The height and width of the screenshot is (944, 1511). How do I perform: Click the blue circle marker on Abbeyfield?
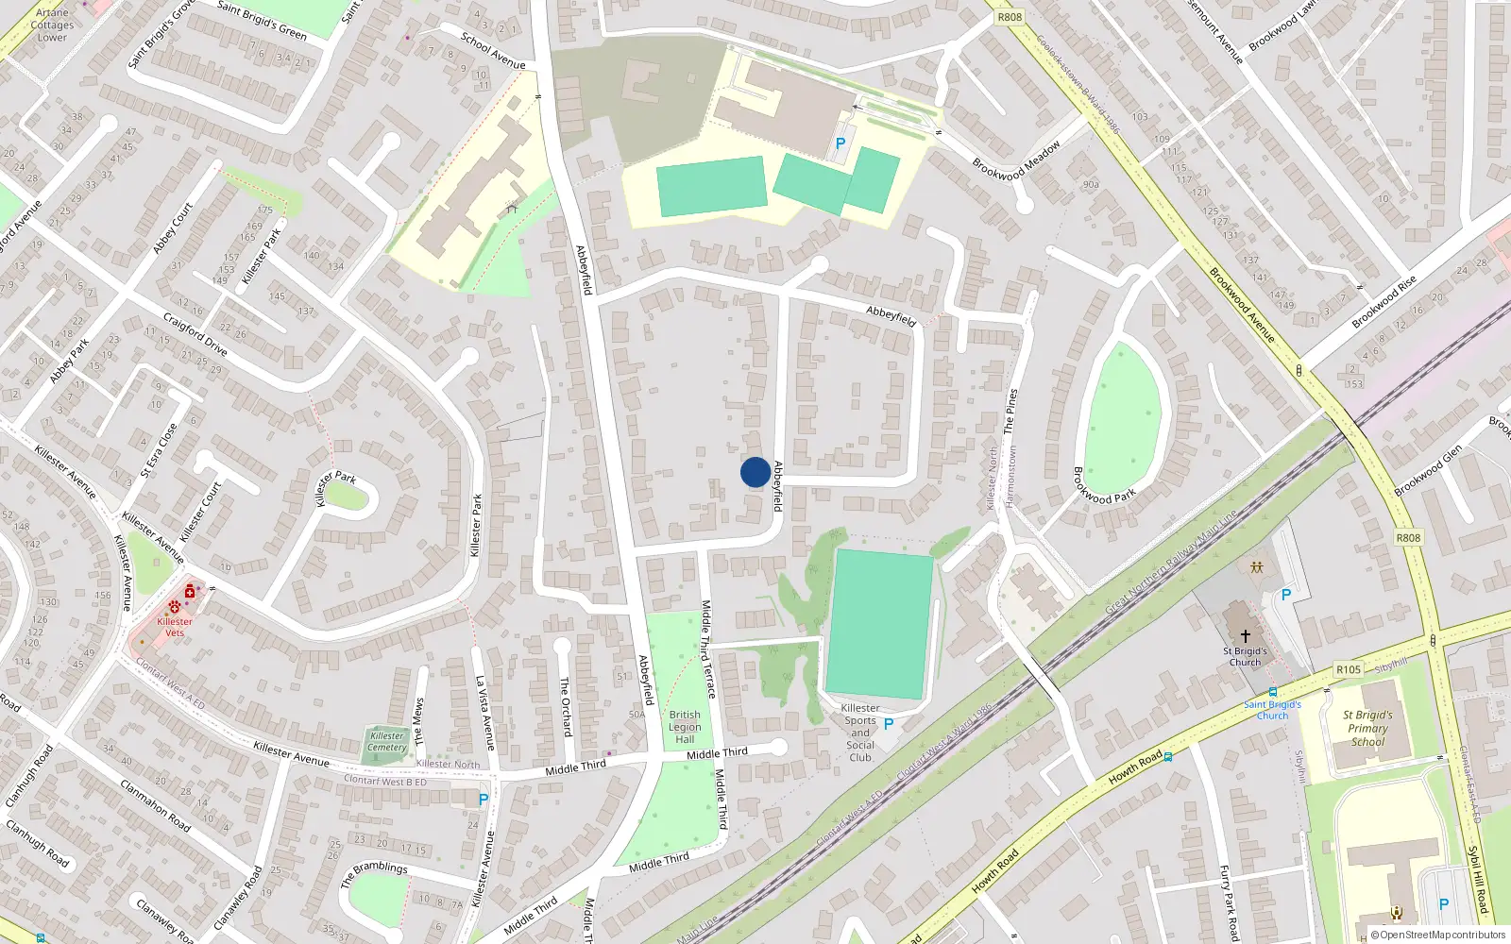(755, 472)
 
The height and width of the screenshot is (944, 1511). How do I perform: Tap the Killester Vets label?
(175, 627)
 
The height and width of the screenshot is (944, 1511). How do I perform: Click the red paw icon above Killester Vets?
(175, 606)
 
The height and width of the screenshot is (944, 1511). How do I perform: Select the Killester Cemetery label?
(387, 742)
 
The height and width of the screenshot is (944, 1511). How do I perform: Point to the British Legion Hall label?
(685, 727)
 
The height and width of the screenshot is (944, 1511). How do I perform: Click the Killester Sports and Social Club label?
(860, 733)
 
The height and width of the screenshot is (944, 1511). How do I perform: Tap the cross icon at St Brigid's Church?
(1246, 636)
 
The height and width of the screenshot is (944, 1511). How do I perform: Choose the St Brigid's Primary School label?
(1367, 728)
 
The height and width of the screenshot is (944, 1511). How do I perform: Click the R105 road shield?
(1349, 669)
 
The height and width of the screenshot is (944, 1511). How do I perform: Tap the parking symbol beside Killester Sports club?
(888, 724)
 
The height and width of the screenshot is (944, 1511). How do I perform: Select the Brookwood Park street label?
(1104, 484)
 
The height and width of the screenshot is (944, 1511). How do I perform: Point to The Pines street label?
(1011, 411)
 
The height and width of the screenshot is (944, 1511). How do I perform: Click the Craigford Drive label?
(195, 334)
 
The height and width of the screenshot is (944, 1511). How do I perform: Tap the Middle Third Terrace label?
(707, 649)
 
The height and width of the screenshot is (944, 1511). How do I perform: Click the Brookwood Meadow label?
(1016, 160)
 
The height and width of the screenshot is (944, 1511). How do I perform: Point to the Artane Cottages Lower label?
(52, 25)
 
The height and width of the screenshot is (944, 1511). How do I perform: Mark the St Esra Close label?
(159, 450)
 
